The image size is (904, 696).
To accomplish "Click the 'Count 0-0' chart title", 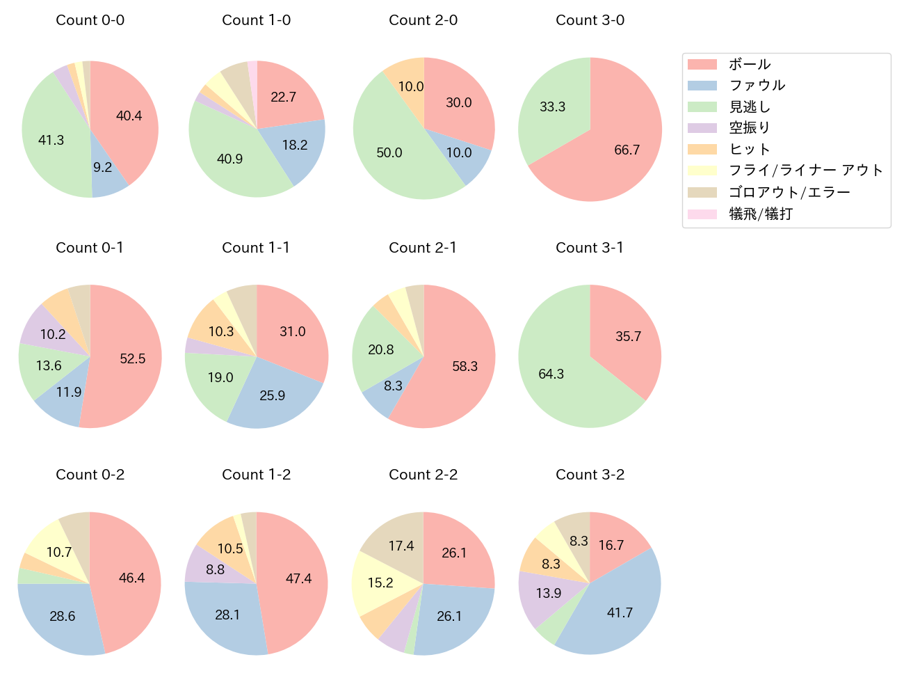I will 90,20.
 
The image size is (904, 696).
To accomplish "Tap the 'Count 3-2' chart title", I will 590,475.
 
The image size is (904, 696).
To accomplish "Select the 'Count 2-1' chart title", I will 423,248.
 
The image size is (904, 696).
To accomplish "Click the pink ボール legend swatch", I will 702,64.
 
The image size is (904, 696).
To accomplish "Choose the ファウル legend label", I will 757,86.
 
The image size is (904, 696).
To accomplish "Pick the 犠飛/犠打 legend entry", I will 761,214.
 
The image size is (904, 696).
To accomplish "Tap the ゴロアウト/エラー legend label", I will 789,192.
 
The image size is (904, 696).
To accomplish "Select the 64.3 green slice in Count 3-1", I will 556,369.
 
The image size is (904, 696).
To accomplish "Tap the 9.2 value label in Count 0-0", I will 103,167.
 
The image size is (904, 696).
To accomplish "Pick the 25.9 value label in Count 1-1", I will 273,395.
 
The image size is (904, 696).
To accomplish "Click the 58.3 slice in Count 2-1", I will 459,369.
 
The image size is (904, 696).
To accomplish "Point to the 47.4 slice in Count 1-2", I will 296,581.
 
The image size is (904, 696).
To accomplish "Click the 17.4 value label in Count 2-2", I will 401,546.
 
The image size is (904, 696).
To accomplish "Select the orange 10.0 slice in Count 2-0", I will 407,80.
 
